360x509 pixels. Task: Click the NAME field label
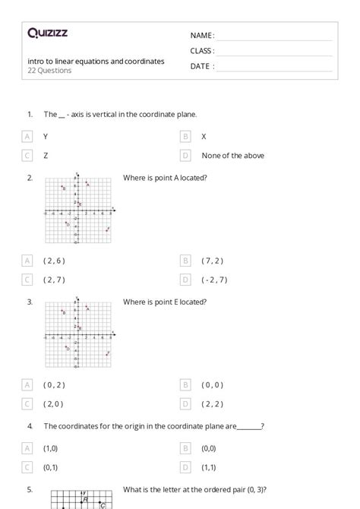click(x=201, y=36)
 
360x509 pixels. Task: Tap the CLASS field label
click(x=202, y=51)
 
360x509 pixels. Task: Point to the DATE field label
click(x=201, y=66)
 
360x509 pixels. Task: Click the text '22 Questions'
click(x=49, y=71)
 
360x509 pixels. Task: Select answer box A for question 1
click(x=27, y=137)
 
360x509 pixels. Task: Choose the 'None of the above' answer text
click(x=232, y=156)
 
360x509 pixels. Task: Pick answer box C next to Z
click(x=27, y=156)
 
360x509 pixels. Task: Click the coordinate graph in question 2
click(x=80, y=209)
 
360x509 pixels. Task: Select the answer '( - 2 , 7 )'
click(x=214, y=280)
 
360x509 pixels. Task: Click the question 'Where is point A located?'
click(x=165, y=178)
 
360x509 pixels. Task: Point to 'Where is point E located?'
click(x=164, y=302)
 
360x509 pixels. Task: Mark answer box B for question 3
click(x=185, y=384)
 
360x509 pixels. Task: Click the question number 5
click(x=29, y=489)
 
